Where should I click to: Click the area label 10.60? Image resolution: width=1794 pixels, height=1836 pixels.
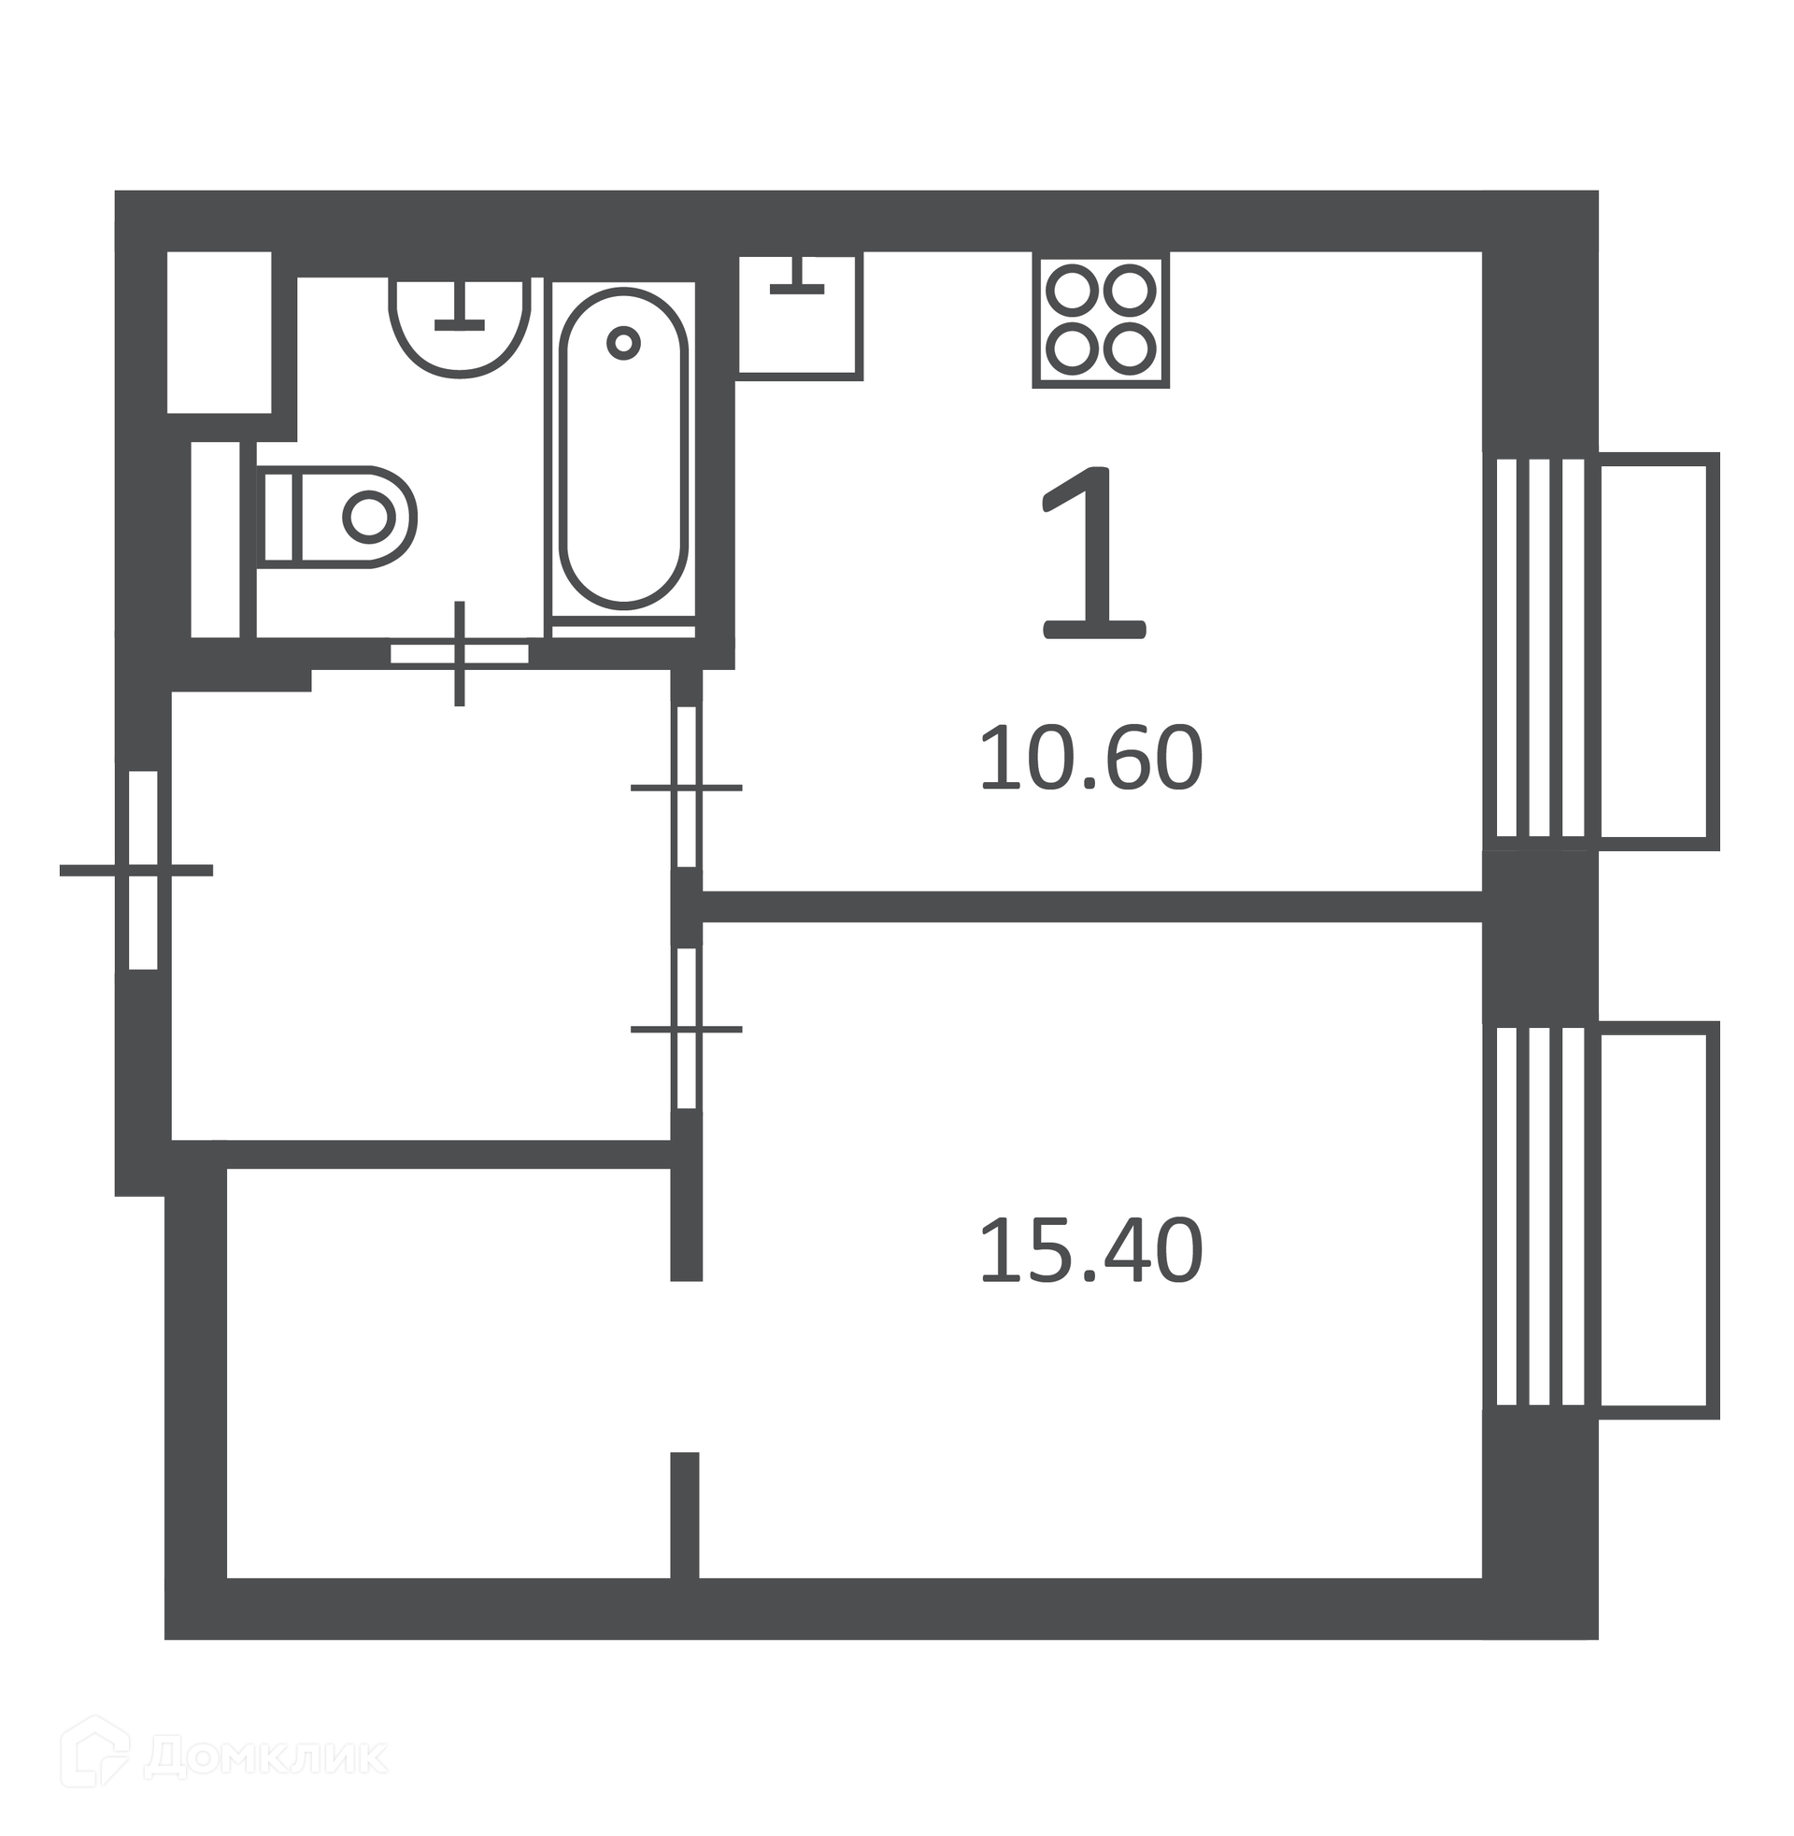(x=1091, y=759)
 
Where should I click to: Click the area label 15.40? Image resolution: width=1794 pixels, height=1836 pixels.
(x=1091, y=1252)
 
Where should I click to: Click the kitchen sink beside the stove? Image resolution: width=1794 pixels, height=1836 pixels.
(x=799, y=317)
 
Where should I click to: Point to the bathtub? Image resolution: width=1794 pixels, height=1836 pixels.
(x=624, y=448)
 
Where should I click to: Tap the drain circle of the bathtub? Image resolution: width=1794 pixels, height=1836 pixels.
(x=623, y=343)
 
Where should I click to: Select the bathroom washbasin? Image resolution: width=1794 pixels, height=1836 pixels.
(x=460, y=326)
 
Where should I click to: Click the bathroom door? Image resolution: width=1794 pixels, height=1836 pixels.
(x=460, y=653)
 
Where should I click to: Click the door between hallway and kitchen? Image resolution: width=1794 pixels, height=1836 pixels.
(x=687, y=787)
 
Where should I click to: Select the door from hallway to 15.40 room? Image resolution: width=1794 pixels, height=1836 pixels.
(x=687, y=1029)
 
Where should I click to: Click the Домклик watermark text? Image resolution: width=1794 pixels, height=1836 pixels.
(x=265, y=1757)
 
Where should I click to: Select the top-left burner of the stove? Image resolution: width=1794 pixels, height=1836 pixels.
(x=1073, y=291)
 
